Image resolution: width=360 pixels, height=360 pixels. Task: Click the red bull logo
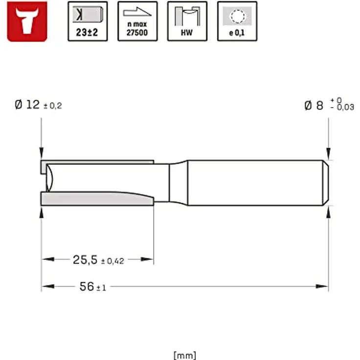click(27, 21)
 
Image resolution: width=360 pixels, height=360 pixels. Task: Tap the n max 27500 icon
click(137, 21)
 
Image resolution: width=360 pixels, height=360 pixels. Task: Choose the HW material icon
click(187, 21)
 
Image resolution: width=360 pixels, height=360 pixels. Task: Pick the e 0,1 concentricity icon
click(237, 21)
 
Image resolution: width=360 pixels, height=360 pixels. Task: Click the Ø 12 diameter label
click(27, 105)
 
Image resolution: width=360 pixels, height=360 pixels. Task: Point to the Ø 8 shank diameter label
click(314, 105)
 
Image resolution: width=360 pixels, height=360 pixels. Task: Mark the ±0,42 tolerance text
click(112, 261)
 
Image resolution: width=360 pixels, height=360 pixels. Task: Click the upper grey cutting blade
click(98, 162)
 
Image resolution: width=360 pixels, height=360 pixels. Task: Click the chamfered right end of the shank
click(325, 182)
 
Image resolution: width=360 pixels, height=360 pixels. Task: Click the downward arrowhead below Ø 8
click(328, 156)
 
